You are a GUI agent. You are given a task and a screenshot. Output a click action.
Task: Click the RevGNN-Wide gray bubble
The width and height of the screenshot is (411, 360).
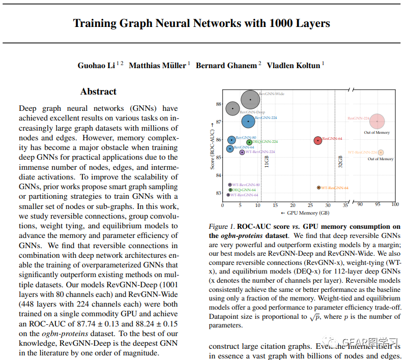point(250,100)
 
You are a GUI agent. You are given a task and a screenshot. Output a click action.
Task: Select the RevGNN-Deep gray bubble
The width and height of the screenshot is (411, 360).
point(232,108)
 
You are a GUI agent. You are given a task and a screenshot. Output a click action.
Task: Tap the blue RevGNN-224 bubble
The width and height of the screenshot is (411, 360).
point(248,122)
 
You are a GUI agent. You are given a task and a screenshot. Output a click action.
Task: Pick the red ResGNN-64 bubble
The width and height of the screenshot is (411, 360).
point(318,140)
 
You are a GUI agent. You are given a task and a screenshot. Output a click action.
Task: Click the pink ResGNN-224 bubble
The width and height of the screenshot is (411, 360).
point(377,122)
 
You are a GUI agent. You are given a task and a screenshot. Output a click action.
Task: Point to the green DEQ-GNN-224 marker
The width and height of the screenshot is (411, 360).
point(249,142)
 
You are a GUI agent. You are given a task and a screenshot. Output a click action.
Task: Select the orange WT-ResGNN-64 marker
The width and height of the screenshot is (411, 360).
point(319,188)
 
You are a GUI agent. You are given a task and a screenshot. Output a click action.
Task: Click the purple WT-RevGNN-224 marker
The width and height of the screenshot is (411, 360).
point(242,152)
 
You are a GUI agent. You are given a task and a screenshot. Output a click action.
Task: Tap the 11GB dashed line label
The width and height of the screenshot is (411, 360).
point(266,161)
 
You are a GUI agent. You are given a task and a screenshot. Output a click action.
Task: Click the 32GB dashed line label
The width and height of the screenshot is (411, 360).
point(340,161)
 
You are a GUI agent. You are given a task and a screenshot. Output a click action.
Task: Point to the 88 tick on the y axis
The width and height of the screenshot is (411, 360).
point(218,104)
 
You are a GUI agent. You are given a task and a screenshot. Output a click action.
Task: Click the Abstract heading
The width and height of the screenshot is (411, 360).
point(98,92)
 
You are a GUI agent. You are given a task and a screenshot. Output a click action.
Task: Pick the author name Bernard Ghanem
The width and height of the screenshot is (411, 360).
point(227,65)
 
